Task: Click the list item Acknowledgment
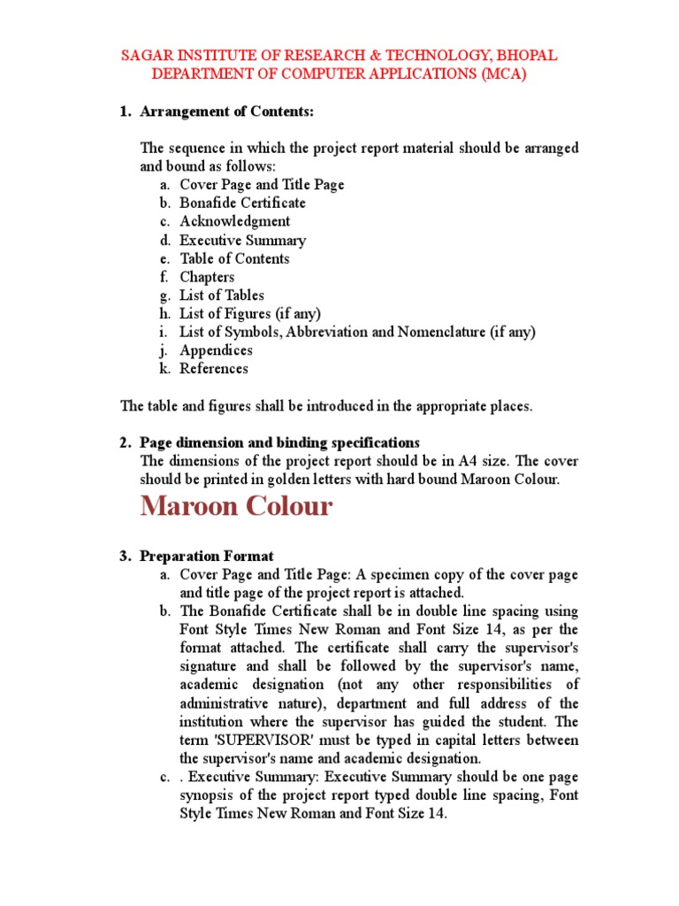coord(234,222)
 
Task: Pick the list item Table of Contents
coord(234,259)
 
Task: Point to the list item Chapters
coord(207,277)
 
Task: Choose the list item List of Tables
coord(222,296)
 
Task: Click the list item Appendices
coord(216,350)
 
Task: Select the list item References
coord(214,369)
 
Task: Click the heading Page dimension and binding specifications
coord(279,442)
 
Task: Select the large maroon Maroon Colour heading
coord(236,507)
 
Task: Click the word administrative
coord(231,703)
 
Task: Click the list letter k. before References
coord(165,369)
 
